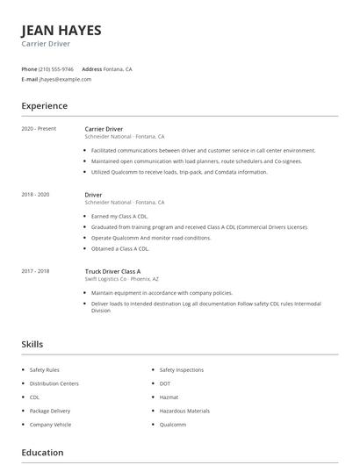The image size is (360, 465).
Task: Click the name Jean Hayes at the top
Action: coord(61,30)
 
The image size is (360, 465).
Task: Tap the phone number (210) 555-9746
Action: coord(57,68)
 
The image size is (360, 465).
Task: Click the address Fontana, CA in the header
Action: coord(119,68)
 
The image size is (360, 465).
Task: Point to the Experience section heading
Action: coord(44,106)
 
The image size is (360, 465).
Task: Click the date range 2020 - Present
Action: coord(39,129)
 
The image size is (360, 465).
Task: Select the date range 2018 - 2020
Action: coord(35,194)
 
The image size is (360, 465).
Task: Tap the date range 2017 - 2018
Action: coord(35,271)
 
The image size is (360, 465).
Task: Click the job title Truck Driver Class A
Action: coord(112,271)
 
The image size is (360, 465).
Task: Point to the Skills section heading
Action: coord(32,345)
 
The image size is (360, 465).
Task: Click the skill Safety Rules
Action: coord(44,370)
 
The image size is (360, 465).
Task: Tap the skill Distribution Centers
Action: coord(54,383)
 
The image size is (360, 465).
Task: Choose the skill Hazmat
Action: coord(169,397)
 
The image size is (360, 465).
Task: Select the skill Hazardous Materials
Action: coord(184,411)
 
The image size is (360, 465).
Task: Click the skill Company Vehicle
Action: coord(50,425)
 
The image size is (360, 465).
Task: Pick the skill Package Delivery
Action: coord(49,411)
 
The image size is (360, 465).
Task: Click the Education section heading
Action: coord(42,453)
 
